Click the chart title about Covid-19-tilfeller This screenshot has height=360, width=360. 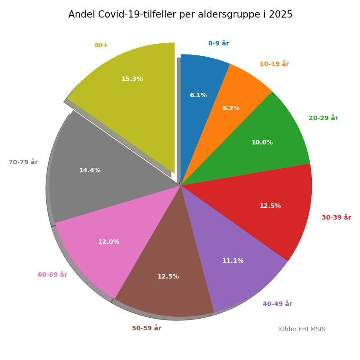click(x=180, y=14)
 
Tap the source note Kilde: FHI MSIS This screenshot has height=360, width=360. click(x=302, y=329)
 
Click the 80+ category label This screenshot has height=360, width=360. click(x=101, y=45)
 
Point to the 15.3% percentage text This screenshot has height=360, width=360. click(x=132, y=79)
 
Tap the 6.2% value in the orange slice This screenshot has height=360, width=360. click(x=231, y=108)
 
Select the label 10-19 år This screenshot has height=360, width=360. click(x=274, y=64)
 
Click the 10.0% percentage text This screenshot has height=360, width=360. click(x=262, y=143)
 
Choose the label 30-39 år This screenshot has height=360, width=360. click(x=336, y=218)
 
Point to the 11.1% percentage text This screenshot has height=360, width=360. click(x=233, y=261)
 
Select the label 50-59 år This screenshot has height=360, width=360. click(x=146, y=328)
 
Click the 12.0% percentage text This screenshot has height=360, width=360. click(x=108, y=242)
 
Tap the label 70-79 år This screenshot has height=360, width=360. click(x=23, y=162)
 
